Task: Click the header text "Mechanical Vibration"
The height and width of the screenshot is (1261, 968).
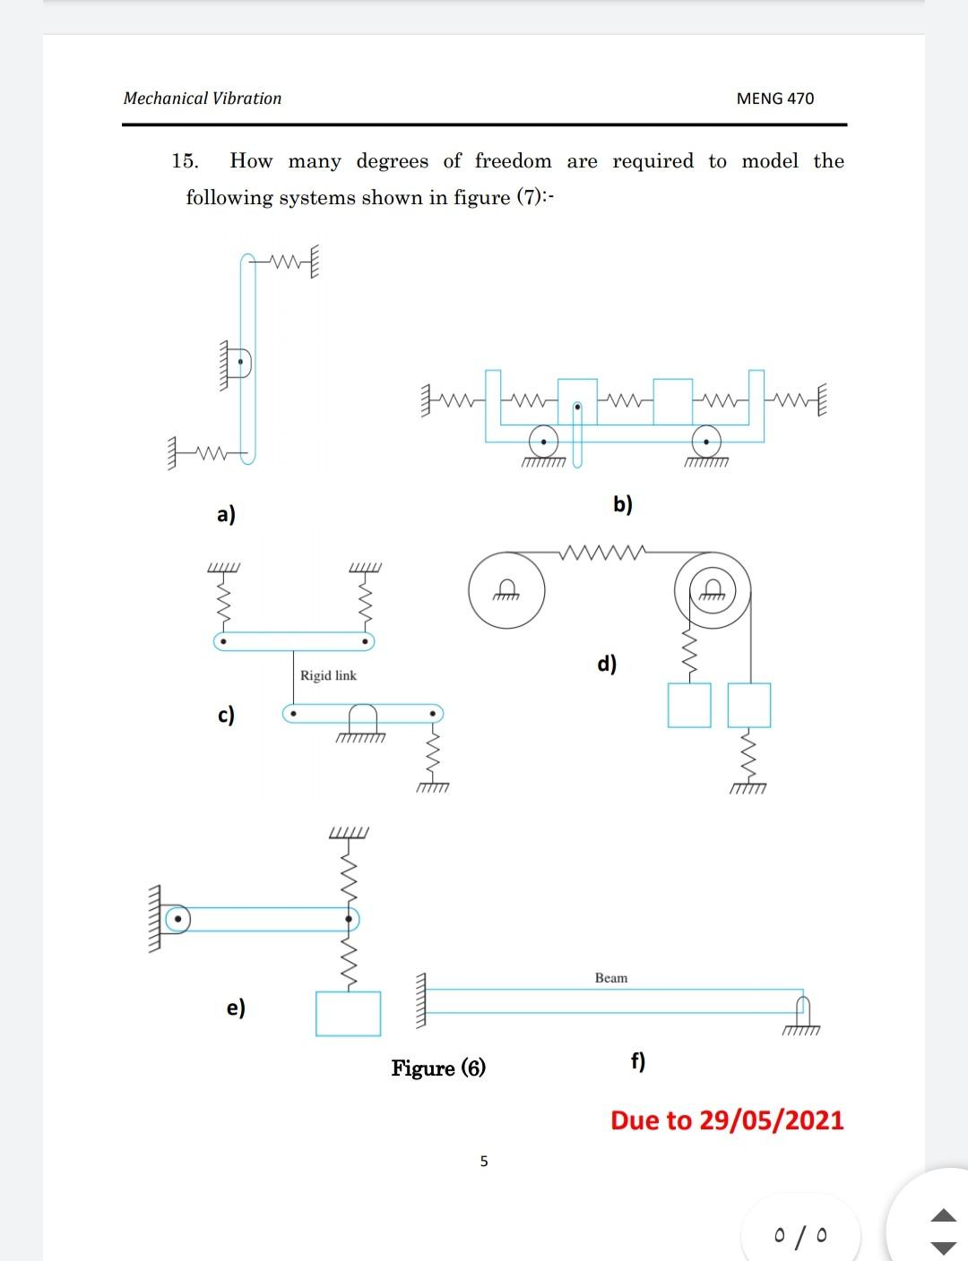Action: point(203,99)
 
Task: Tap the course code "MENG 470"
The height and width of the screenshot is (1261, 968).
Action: point(774,99)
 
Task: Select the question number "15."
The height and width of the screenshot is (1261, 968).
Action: point(185,161)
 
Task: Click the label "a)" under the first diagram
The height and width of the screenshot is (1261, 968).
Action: point(226,514)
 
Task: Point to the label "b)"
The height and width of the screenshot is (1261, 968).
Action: point(623,504)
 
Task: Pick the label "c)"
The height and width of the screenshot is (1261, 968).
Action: point(226,715)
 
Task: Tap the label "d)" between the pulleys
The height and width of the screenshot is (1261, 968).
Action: point(607,664)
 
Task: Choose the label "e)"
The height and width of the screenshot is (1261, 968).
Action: point(236,1008)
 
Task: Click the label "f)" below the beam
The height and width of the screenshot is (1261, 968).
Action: point(637,1061)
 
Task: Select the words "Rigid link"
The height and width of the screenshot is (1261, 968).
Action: point(328,675)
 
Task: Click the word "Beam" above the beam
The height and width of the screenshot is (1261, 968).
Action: point(611,978)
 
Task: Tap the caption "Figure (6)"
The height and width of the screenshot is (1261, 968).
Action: point(438,1068)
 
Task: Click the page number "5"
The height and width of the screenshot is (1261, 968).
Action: point(484,1162)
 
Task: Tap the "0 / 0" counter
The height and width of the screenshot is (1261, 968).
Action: point(800,1237)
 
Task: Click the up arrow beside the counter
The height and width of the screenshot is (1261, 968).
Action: point(944,1216)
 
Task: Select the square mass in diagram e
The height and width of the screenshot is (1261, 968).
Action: point(348,1013)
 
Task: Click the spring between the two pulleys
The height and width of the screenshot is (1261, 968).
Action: point(601,552)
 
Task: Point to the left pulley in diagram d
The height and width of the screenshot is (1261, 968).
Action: point(506,588)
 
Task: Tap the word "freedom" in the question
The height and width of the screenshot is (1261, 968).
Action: point(513,161)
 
